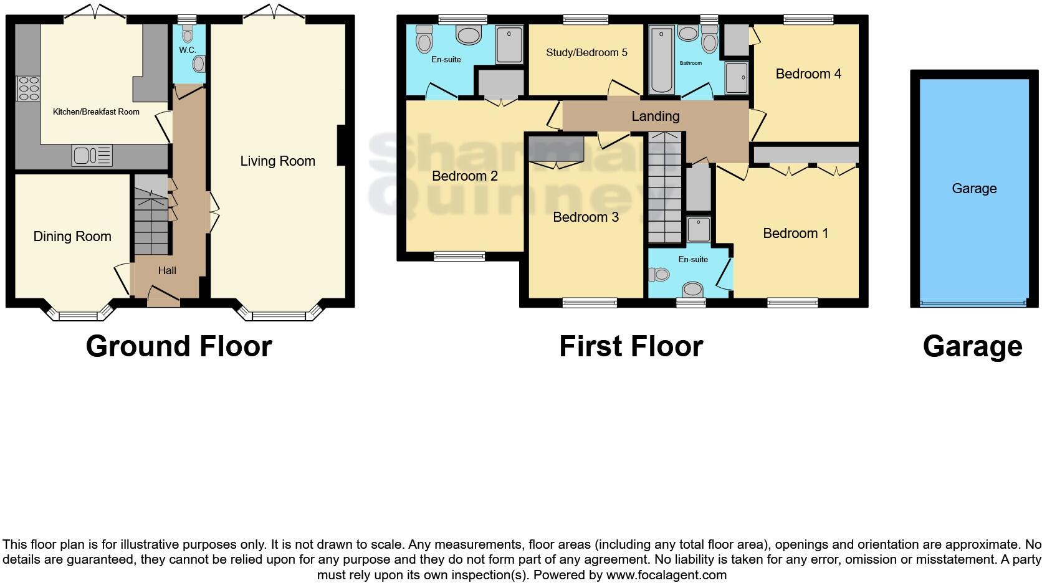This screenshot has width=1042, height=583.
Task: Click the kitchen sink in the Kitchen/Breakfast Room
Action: (92, 155)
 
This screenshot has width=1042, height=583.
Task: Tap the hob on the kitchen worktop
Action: (28, 88)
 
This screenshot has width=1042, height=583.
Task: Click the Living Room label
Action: (277, 161)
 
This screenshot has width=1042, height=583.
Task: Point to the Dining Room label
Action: (72, 237)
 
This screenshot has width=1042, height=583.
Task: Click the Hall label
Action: (167, 270)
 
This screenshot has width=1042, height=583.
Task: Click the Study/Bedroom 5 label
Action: (586, 52)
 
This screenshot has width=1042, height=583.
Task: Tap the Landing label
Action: (655, 116)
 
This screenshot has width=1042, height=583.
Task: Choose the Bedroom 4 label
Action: (808, 74)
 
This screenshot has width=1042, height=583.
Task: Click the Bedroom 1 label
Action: (795, 234)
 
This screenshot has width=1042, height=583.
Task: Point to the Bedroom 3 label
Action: (586, 217)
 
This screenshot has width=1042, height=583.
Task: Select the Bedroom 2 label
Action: (465, 176)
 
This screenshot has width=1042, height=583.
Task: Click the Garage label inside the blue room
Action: (974, 189)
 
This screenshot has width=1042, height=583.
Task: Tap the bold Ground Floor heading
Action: (179, 346)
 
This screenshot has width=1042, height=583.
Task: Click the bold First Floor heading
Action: (631, 346)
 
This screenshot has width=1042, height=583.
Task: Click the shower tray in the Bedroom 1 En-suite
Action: (699, 229)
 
